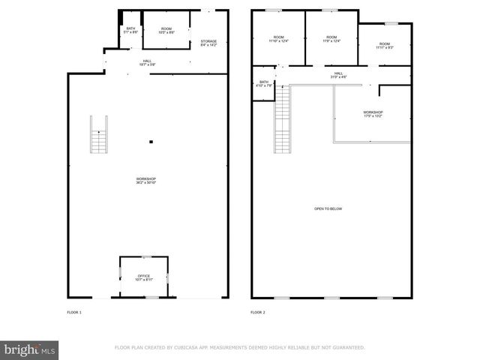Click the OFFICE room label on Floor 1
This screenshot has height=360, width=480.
click(x=144, y=277)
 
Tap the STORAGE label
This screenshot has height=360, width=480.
click(x=208, y=43)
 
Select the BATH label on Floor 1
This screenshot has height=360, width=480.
click(x=130, y=30)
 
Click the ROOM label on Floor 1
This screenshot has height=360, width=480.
click(x=166, y=30)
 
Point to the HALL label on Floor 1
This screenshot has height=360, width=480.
click(x=147, y=62)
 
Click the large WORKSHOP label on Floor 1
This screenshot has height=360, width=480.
click(x=145, y=180)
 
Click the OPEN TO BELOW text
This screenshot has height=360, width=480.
click(x=328, y=208)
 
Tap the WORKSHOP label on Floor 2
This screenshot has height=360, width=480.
click(x=373, y=114)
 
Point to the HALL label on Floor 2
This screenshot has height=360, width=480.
click(x=338, y=74)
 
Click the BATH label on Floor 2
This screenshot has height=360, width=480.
click(x=263, y=83)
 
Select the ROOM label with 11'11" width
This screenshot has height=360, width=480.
click(x=385, y=46)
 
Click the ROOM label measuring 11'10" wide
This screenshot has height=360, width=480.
click(x=278, y=39)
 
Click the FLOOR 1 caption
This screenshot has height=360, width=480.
click(x=74, y=311)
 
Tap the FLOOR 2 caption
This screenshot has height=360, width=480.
click(x=258, y=311)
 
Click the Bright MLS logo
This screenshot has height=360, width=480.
click(x=30, y=349)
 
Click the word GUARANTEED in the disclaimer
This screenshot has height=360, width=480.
click(x=346, y=348)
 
